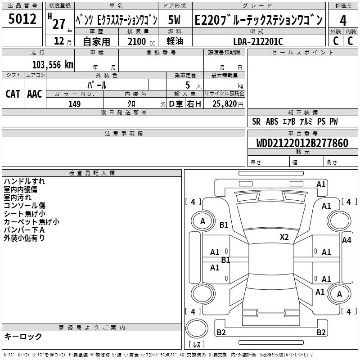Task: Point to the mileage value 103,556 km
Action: click(53, 64)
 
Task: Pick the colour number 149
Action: click(75, 104)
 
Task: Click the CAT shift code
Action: click(13, 94)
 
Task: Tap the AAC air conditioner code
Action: click(35, 94)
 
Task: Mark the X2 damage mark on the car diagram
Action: click(284, 237)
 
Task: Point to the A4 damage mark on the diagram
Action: click(346, 240)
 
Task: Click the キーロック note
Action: click(23, 336)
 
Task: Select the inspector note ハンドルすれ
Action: click(24, 181)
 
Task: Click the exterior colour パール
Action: click(97, 85)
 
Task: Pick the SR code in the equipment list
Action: click(256, 121)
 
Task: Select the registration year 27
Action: click(59, 23)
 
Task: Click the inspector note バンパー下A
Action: click(24, 230)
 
